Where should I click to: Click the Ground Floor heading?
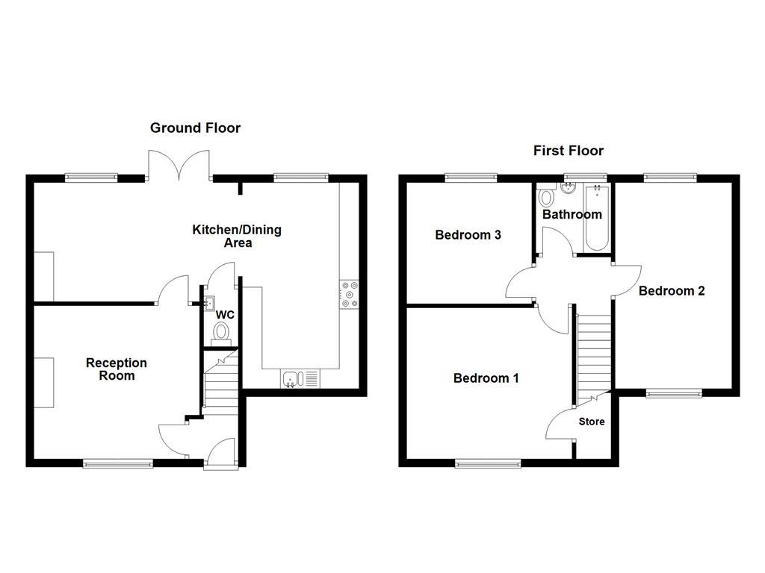pyautogui.click(x=195, y=128)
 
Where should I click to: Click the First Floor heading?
pyautogui.click(x=568, y=151)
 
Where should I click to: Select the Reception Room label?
pyautogui.click(x=117, y=369)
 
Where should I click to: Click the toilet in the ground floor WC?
pyautogui.click(x=223, y=333)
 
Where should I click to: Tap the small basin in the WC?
pyautogui.click(x=209, y=302)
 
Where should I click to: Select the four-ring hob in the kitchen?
pyautogui.click(x=349, y=293)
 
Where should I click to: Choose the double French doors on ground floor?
pyautogui.click(x=179, y=165)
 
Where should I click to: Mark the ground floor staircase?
pyautogui.click(x=220, y=388)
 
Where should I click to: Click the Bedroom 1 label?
pyautogui.click(x=486, y=378)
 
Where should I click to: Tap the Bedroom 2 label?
pyautogui.click(x=671, y=291)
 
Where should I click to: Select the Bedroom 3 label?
pyautogui.click(x=468, y=235)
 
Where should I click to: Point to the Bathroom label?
pyautogui.click(x=572, y=215)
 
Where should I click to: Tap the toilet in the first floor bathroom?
pyautogui.click(x=545, y=197)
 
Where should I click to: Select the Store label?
pyautogui.click(x=592, y=422)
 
